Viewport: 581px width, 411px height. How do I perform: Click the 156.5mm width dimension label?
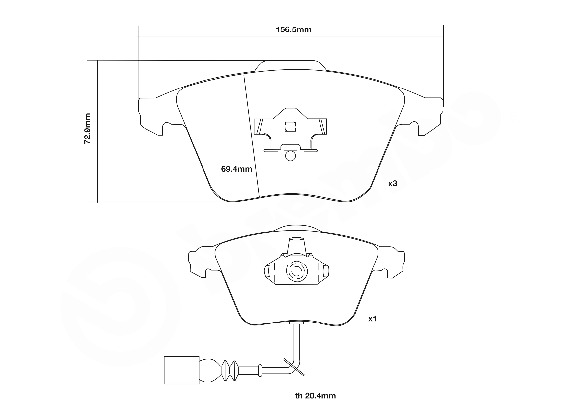point(294,30)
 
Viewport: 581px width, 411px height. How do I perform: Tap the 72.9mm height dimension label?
point(87,128)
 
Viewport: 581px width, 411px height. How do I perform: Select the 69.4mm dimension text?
point(237,169)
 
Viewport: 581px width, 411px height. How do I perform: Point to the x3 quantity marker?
point(393,184)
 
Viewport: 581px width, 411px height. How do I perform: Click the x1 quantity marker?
point(373,319)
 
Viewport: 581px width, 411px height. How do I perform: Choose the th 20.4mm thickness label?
point(315,396)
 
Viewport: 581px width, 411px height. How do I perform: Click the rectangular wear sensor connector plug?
point(182,370)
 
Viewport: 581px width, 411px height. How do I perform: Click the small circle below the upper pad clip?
point(290,156)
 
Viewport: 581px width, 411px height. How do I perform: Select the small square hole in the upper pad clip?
point(291,126)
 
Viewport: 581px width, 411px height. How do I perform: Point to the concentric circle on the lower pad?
point(297,272)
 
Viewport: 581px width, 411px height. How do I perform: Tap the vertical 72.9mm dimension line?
point(98,131)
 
